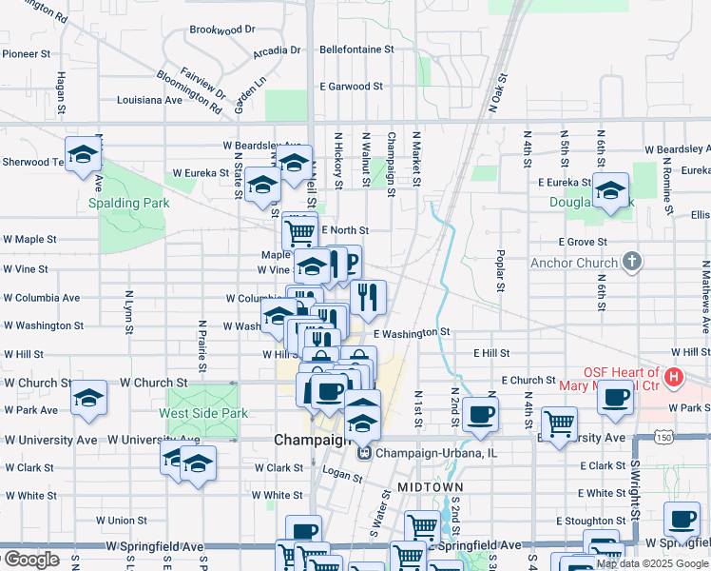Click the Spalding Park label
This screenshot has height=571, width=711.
(128, 203)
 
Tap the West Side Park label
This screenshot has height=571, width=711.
(203, 413)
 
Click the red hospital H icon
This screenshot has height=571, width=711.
(674, 378)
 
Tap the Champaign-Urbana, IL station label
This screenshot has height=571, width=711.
(426, 453)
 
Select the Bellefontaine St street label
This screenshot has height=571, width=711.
(356, 49)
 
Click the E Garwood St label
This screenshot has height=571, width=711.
(351, 87)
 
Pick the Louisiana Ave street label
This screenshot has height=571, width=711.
(149, 99)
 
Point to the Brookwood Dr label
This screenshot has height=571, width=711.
(222, 30)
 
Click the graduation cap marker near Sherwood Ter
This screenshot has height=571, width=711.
(83, 153)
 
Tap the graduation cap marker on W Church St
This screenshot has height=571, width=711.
(88, 397)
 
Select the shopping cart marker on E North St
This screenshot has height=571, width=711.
(299, 229)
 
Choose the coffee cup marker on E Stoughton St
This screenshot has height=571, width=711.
(681, 519)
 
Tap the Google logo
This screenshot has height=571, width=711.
(30, 560)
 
